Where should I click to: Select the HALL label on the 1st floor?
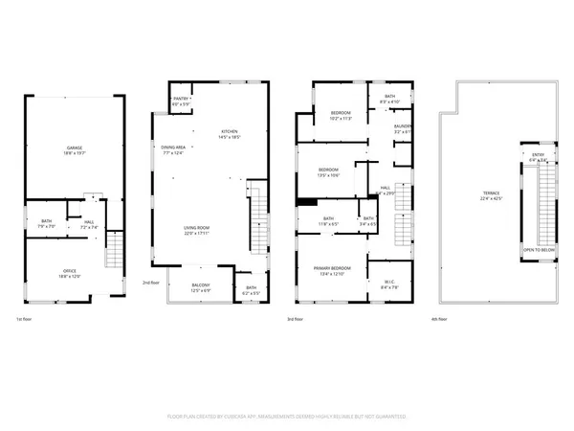(x=87, y=222)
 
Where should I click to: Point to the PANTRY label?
(x=180, y=100)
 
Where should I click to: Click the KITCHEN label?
(x=229, y=132)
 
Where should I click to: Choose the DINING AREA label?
(x=173, y=147)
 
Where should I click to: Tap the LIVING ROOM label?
(x=197, y=228)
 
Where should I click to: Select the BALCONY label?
(x=200, y=286)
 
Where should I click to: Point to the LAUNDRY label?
(x=403, y=126)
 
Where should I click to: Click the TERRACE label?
(x=491, y=193)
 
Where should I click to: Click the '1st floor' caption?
(x=25, y=319)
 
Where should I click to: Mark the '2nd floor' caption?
(x=150, y=282)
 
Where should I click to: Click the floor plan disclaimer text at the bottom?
(x=286, y=417)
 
